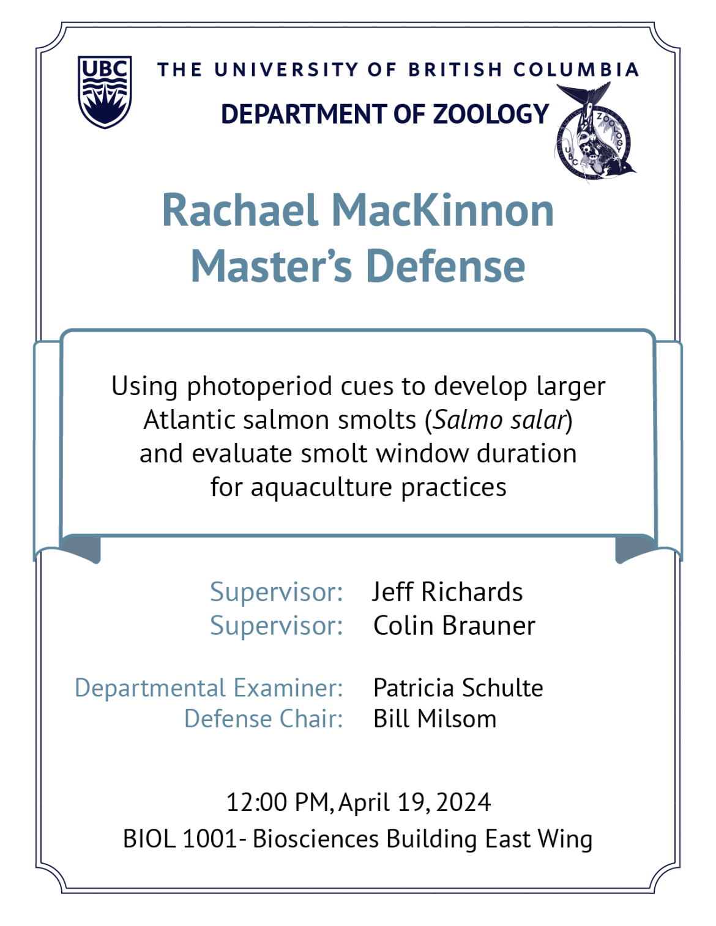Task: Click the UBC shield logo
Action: (105, 92)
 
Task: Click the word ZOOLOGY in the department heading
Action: (491, 114)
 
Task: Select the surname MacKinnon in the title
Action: (442, 210)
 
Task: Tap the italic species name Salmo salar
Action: (499, 420)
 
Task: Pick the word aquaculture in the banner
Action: (321, 488)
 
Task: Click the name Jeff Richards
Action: (447, 592)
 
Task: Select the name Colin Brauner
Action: (454, 626)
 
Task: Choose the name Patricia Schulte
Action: (458, 688)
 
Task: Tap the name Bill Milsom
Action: (434, 719)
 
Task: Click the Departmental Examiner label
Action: (209, 688)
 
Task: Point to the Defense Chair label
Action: (263, 719)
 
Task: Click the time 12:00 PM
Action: (278, 802)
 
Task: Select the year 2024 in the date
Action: (463, 802)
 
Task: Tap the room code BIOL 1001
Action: (179, 839)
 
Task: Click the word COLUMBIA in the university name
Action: (576, 70)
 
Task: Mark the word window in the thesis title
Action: (422, 454)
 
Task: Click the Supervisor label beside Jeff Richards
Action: (277, 592)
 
